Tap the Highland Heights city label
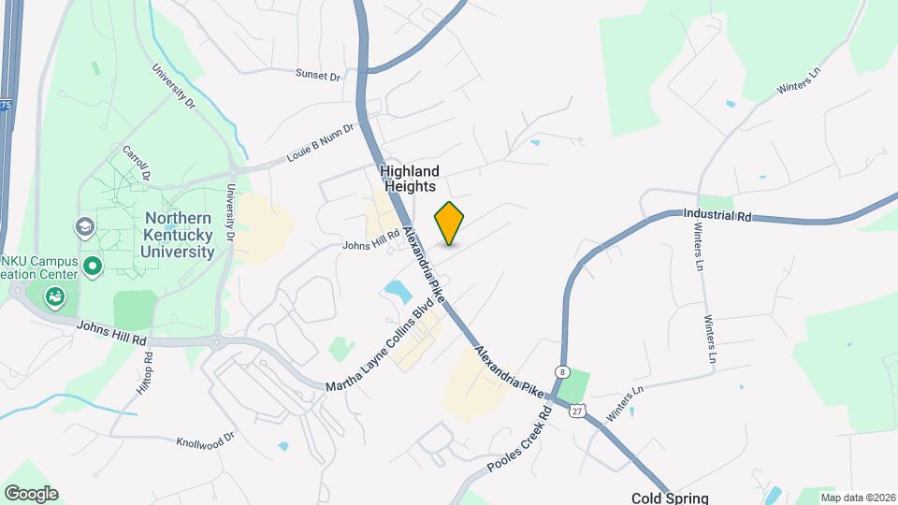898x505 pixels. pyautogui.click(x=409, y=179)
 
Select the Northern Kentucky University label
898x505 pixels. pyautogui.click(x=179, y=235)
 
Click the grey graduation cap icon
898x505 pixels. pyautogui.click(x=84, y=227)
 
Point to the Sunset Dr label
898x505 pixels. pyautogui.click(x=318, y=74)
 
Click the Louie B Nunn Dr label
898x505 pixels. pyautogui.click(x=322, y=142)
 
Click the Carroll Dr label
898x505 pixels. pyautogui.click(x=137, y=162)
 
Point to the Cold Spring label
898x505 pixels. pyautogui.click(x=670, y=498)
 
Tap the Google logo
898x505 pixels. pyautogui.click(x=31, y=494)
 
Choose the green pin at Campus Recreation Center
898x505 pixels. pyautogui.click(x=92, y=267)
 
